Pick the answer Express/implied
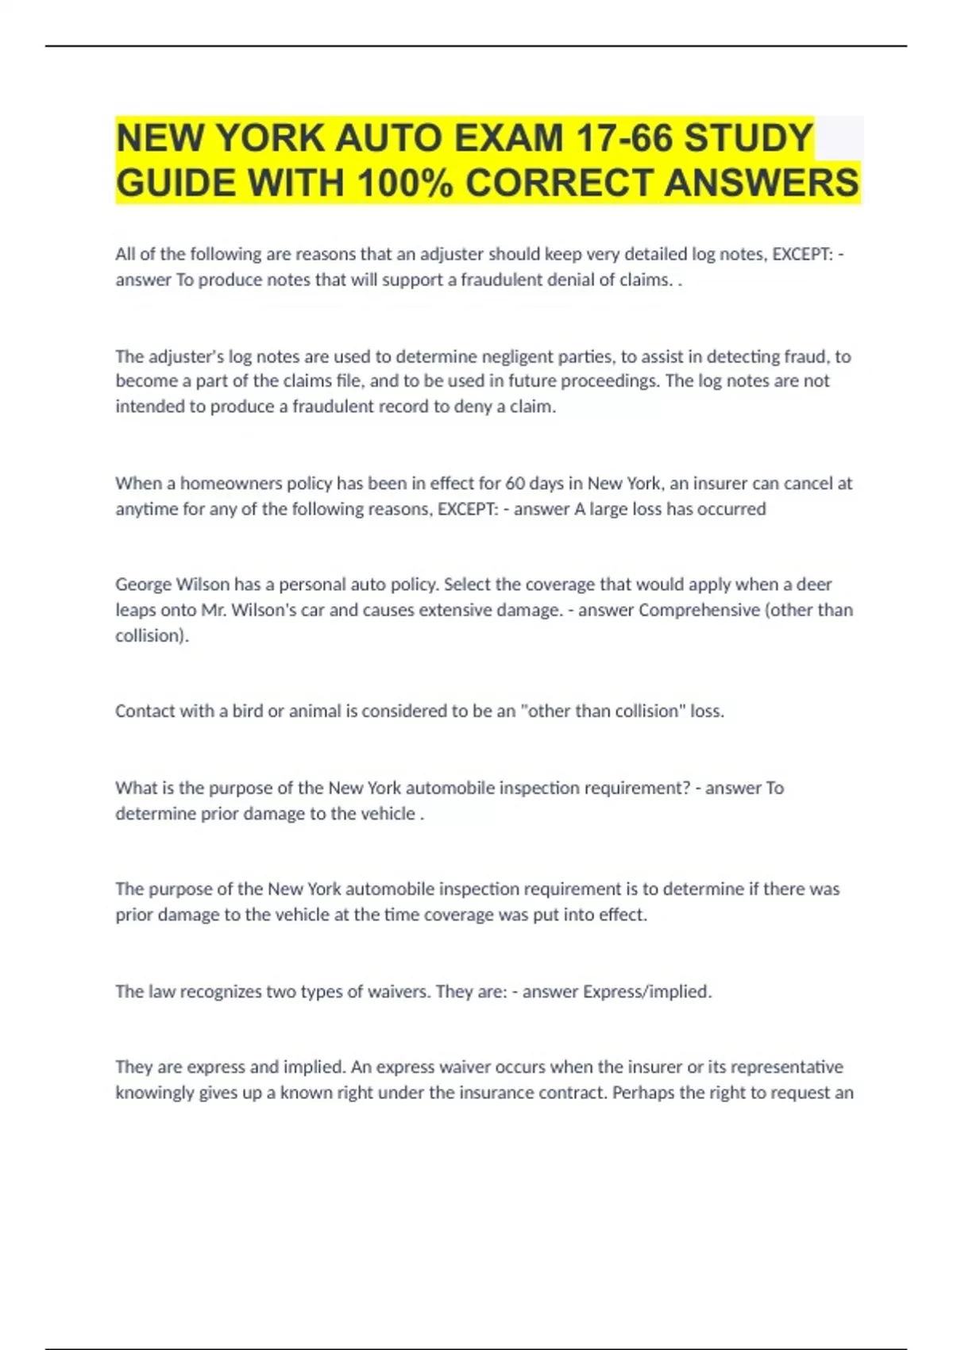(x=647, y=992)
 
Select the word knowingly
(x=155, y=1093)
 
